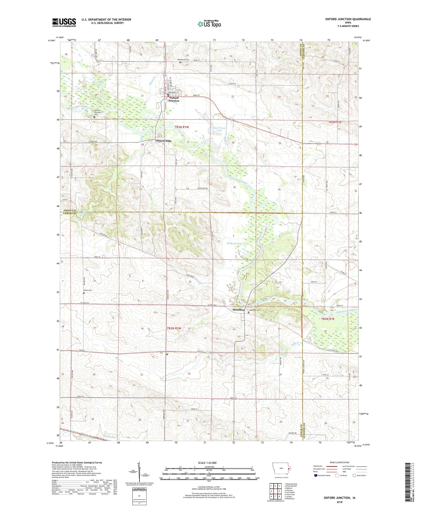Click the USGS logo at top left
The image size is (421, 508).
point(64,22)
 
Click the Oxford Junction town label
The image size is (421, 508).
point(174,99)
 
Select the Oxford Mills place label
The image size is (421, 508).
point(163,141)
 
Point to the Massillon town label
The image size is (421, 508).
point(239,310)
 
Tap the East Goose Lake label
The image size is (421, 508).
point(219,129)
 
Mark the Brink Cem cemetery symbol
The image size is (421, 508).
point(84,293)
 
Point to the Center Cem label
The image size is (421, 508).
point(171,352)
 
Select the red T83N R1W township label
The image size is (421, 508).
point(182,127)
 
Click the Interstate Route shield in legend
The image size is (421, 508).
point(315,475)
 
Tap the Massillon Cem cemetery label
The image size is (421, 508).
point(255,310)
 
